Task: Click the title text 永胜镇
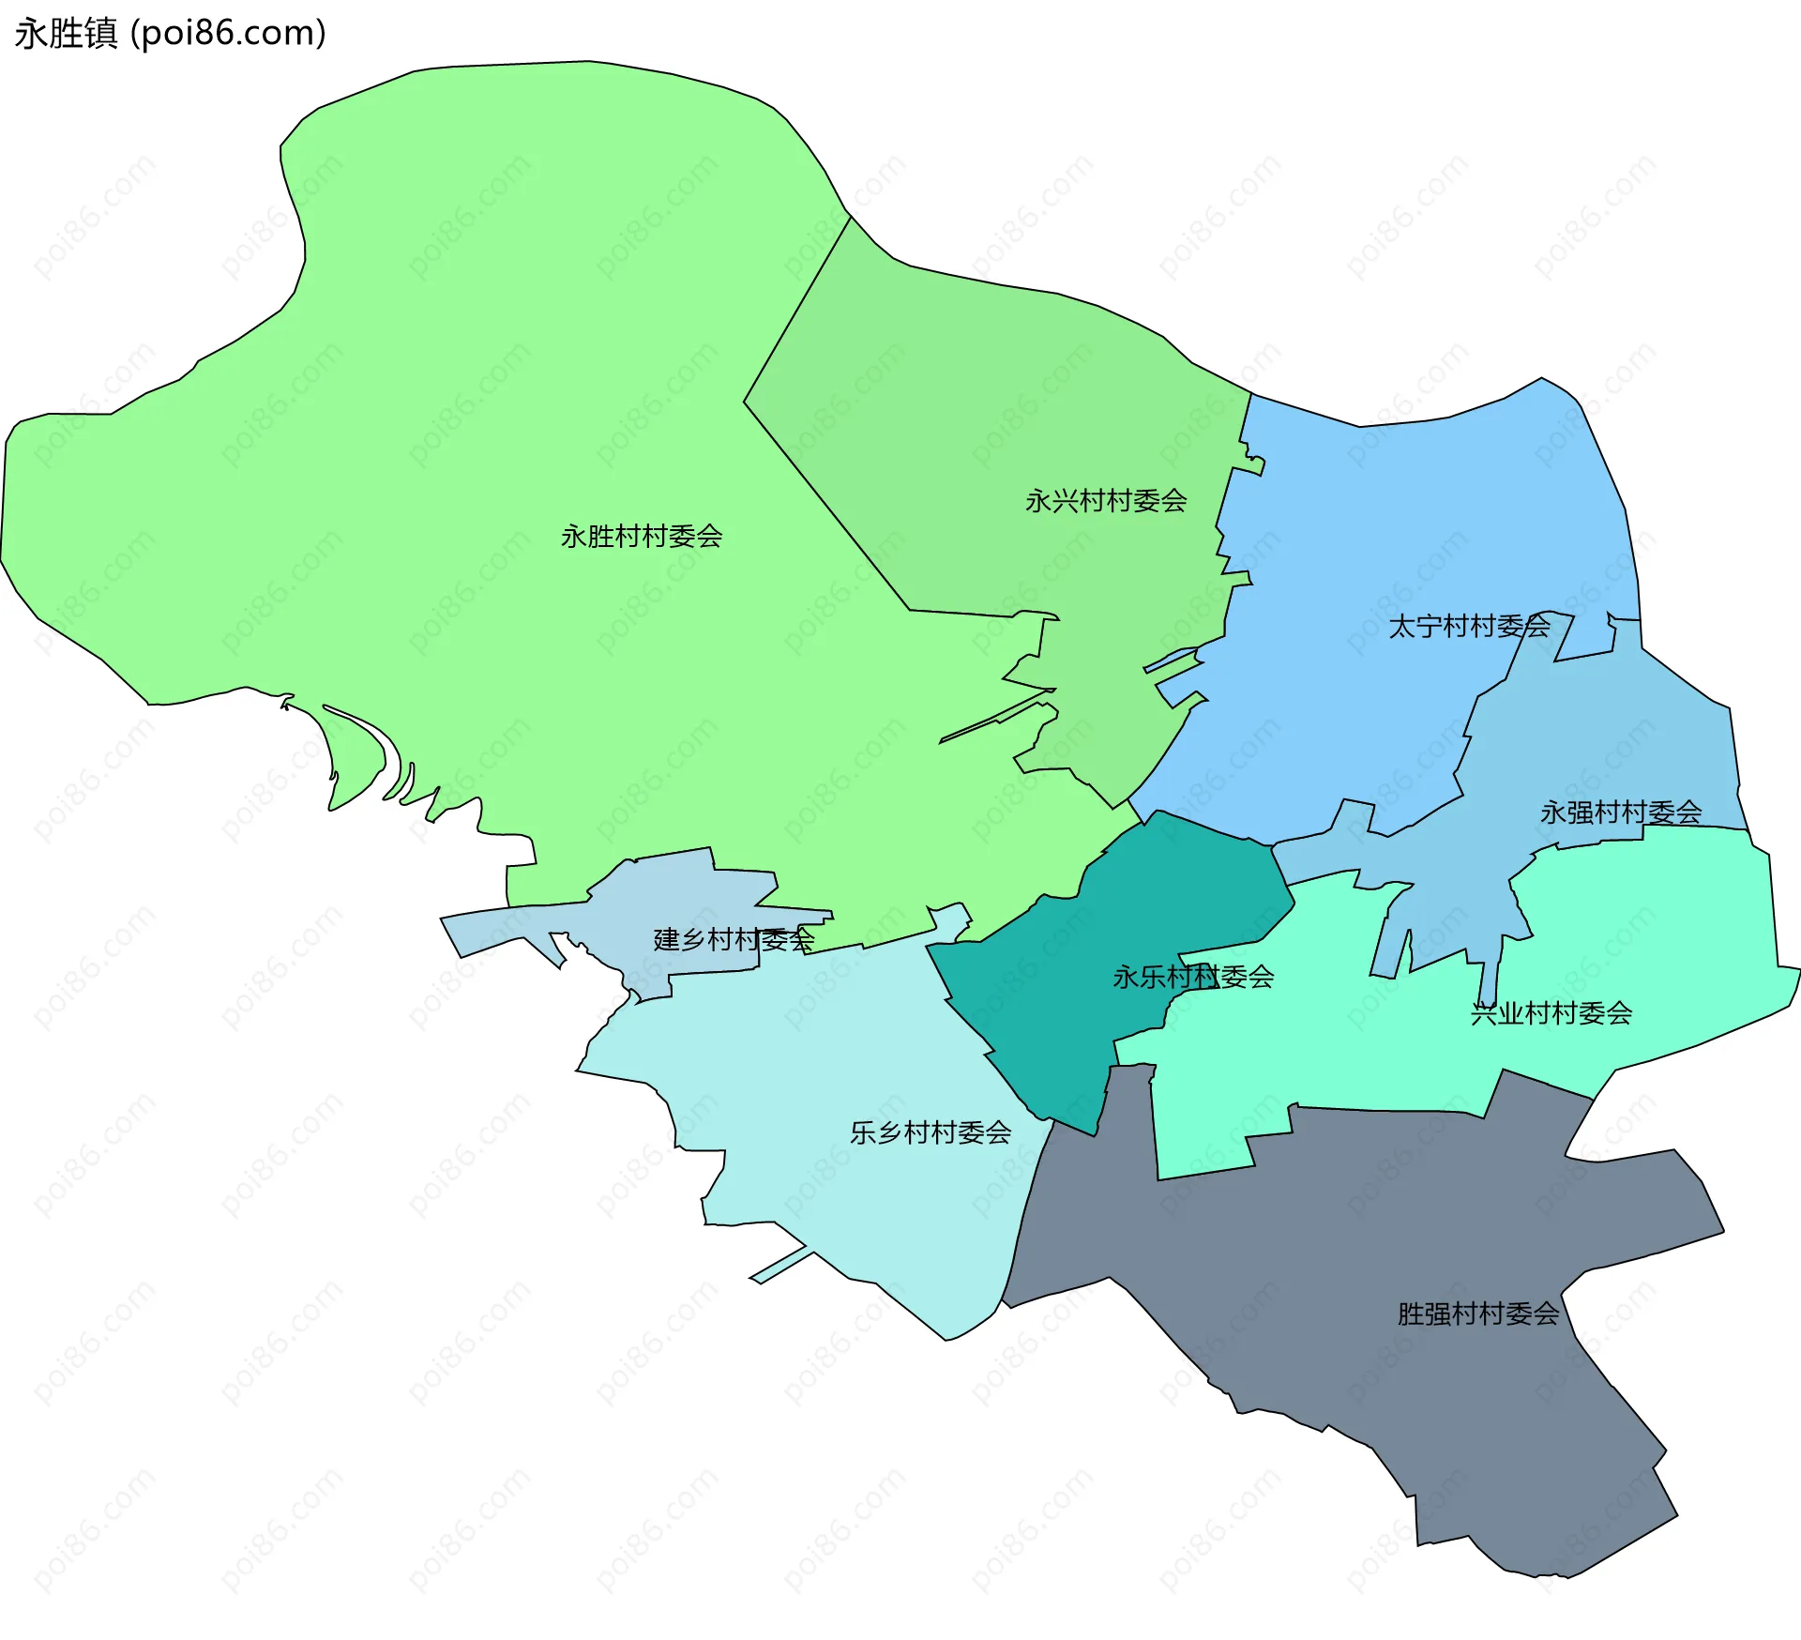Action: click(x=66, y=34)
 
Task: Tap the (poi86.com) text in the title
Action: click(x=228, y=34)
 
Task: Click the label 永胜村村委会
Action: click(x=642, y=537)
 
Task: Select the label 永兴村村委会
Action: click(x=1106, y=501)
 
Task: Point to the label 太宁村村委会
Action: click(x=1469, y=626)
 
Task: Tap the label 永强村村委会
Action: click(x=1621, y=812)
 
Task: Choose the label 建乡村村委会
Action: click(x=734, y=939)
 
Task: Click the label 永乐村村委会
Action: click(x=1193, y=978)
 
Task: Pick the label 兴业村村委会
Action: click(x=1551, y=1013)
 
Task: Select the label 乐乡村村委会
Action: click(x=931, y=1133)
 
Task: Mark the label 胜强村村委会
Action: click(x=1478, y=1314)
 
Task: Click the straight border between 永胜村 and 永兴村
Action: click(x=825, y=507)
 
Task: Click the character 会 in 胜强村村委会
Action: click(x=1547, y=1314)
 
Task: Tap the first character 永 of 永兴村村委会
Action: click(x=1038, y=501)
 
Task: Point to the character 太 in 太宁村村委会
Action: click(x=1401, y=626)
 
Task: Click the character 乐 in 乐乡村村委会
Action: click(x=863, y=1133)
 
